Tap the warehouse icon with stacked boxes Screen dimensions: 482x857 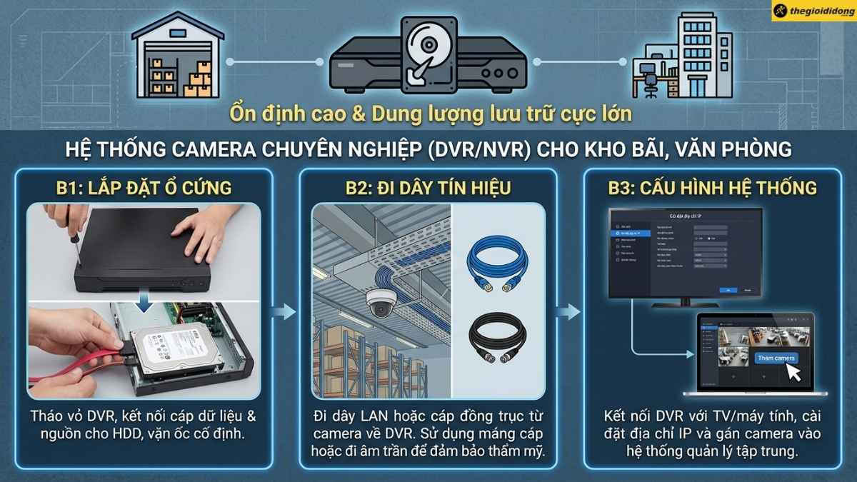tap(175, 58)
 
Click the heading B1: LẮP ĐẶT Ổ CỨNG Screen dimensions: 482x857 tap(144, 189)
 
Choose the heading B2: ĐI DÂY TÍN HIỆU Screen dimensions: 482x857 tap(428, 189)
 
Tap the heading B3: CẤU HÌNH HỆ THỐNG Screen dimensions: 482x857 tap(713, 189)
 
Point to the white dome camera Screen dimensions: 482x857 tap(381, 303)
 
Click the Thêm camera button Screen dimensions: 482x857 tap(776, 358)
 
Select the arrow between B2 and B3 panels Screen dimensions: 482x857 tap(569, 311)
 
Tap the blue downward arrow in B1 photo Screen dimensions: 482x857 tap(145, 304)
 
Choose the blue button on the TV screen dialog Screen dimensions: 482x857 tap(726, 290)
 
